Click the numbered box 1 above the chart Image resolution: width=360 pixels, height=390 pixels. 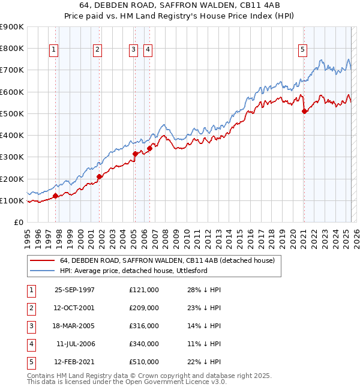tap(54, 50)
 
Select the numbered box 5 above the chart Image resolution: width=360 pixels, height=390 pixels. tap(303, 50)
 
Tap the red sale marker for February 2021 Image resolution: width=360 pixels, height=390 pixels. tap(304, 111)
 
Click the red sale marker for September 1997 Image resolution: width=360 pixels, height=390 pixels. tap(55, 196)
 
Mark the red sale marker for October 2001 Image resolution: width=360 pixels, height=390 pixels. tap(100, 176)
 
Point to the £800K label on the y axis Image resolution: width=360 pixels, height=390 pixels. tap(12, 48)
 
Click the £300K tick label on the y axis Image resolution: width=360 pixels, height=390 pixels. tap(12, 157)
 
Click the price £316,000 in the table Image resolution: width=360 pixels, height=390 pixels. tap(144, 326)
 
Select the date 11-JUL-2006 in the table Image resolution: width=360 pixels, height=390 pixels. tap(75, 344)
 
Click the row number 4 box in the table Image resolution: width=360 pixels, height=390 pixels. tap(29, 344)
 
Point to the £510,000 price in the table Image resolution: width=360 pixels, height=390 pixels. tap(144, 362)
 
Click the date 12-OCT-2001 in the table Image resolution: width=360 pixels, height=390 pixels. tap(75, 308)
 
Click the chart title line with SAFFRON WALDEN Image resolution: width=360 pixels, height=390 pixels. tap(179, 7)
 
